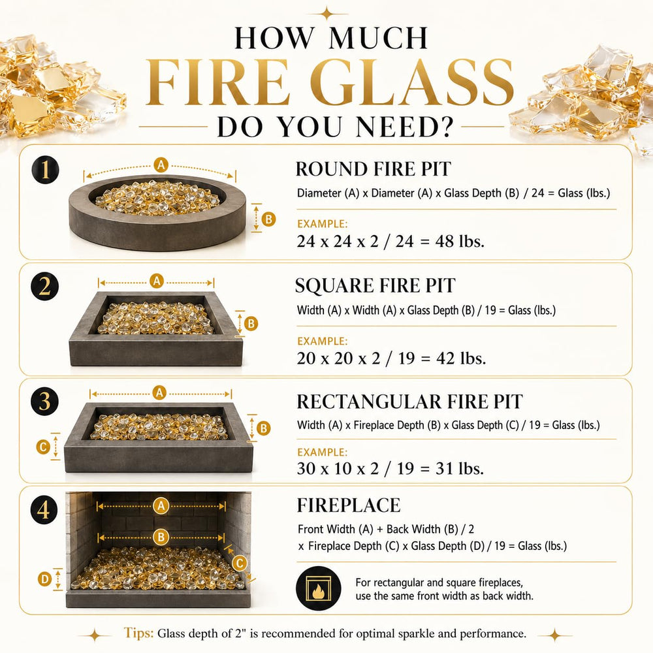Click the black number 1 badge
pyautogui.click(x=45, y=170)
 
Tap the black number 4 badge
pyautogui.click(x=44, y=510)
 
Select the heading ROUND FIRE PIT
pyautogui.click(x=373, y=169)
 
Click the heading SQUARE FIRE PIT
pyautogui.click(x=375, y=286)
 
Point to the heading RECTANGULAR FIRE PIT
pyautogui.click(x=410, y=402)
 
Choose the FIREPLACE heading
pyautogui.click(x=349, y=505)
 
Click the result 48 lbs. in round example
pyautogui.click(x=460, y=241)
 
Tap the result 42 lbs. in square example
pyautogui.click(x=461, y=358)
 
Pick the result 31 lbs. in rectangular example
pyautogui.click(x=460, y=468)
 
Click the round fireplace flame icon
pyautogui.click(x=319, y=588)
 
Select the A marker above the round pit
pyautogui.click(x=161, y=165)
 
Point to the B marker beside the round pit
pyautogui.click(x=268, y=219)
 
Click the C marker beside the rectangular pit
pyautogui.click(x=43, y=447)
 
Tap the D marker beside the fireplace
pyautogui.click(x=44, y=579)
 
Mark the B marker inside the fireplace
pyautogui.click(x=161, y=537)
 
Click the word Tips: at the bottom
pyautogui.click(x=138, y=633)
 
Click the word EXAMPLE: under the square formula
pyautogui.click(x=323, y=341)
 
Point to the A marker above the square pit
pyautogui.click(x=157, y=281)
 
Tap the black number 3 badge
pyautogui.click(x=44, y=402)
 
